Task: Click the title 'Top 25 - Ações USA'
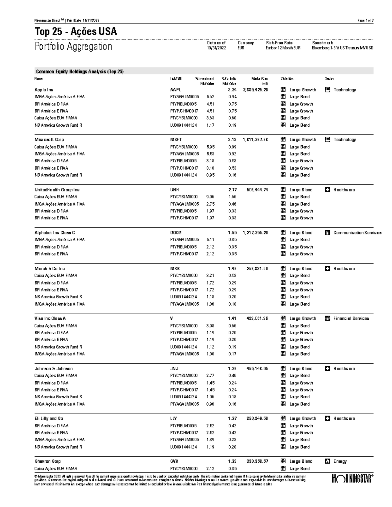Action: click(75, 32)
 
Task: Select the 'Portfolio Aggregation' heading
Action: click(73, 46)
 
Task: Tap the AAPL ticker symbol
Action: click(175, 90)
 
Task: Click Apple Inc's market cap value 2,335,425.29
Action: click(255, 90)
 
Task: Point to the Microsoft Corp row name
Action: click(49, 140)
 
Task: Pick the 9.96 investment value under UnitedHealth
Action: click(210, 197)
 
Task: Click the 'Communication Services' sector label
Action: click(357, 233)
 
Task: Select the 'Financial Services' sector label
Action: click(351, 319)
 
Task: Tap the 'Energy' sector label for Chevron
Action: click(340, 462)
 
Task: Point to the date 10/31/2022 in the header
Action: click(216, 48)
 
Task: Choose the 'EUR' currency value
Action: click(241, 48)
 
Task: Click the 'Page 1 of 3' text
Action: click(365, 21)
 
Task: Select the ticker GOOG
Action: click(176, 233)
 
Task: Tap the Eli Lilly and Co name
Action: click(49, 419)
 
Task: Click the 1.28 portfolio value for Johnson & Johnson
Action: click(232, 369)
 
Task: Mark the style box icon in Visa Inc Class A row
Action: click(283, 319)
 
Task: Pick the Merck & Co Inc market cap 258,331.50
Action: click(257, 269)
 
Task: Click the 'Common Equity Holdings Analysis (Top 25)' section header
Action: click(80, 71)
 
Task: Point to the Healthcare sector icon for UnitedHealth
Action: click(328, 190)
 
